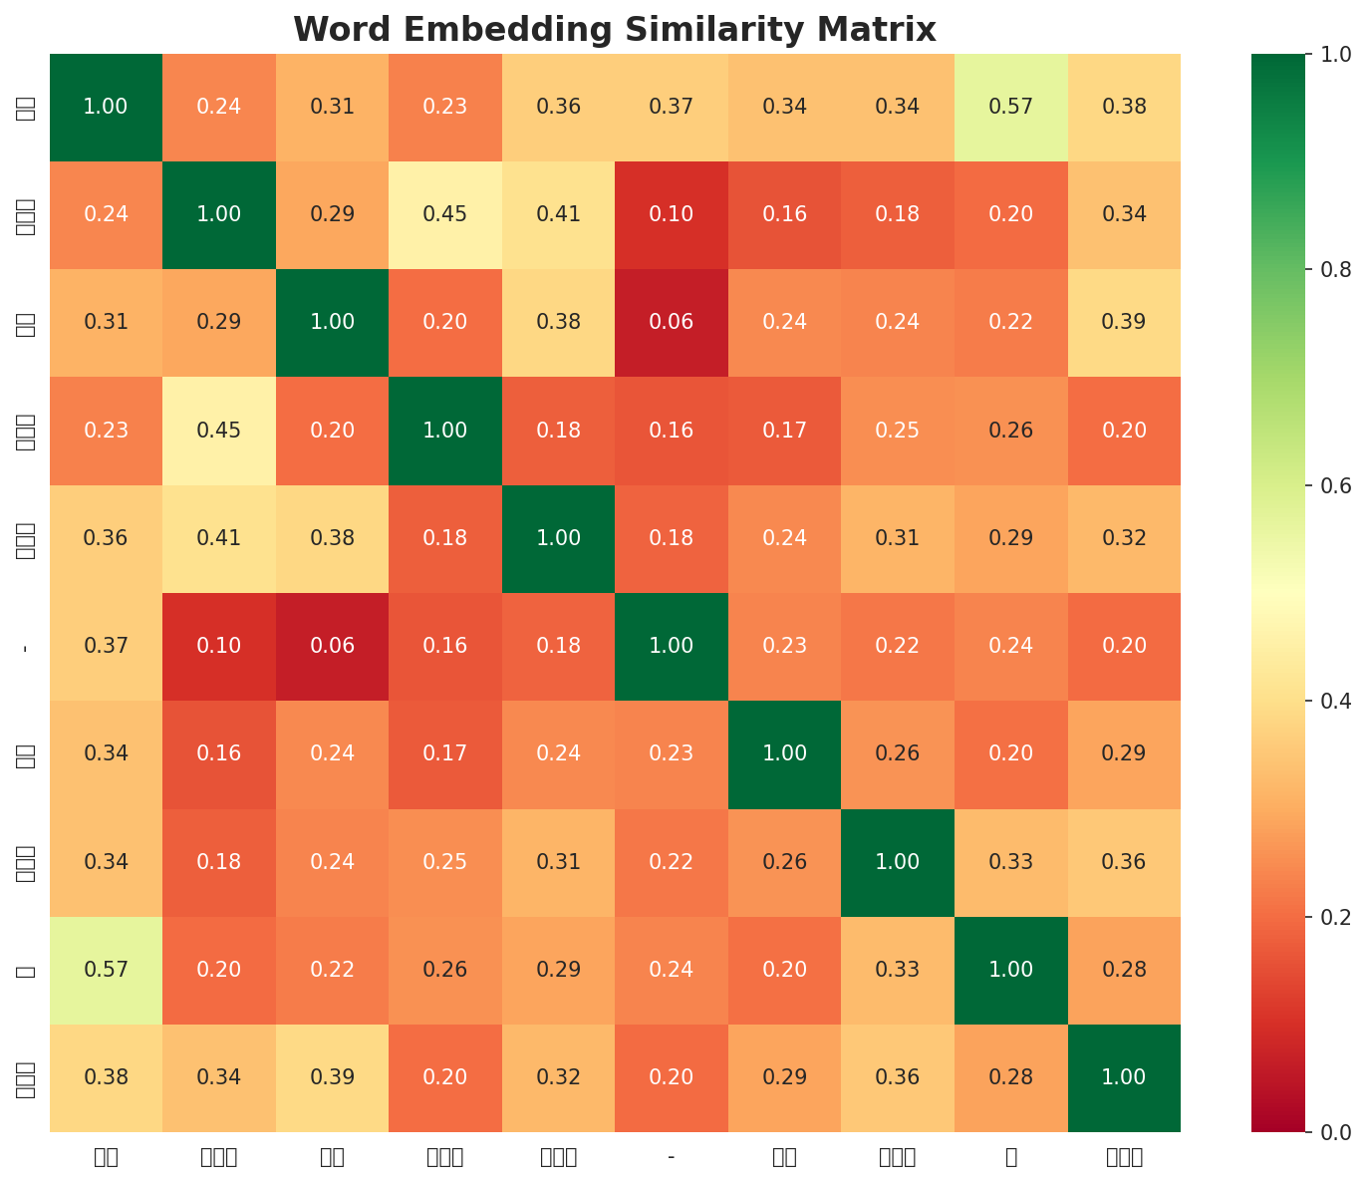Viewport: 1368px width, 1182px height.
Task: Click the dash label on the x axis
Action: coord(672,1156)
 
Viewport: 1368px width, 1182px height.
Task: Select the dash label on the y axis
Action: coord(25,647)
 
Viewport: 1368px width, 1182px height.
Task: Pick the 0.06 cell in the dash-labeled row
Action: coord(332,646)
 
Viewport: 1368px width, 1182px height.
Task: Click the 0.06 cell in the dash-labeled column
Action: coord(672,322)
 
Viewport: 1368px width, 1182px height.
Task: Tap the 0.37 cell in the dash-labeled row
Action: coord(106,646)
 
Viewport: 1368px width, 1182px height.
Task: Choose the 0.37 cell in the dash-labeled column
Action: coord(672,107)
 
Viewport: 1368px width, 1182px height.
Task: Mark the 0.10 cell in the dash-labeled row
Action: coord(219,646)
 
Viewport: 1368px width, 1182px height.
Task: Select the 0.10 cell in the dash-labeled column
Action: coord(672,214)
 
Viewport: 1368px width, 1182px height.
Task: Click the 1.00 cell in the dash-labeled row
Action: coord(672,646)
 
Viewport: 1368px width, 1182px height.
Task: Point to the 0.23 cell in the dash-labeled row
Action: coord(784,646)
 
